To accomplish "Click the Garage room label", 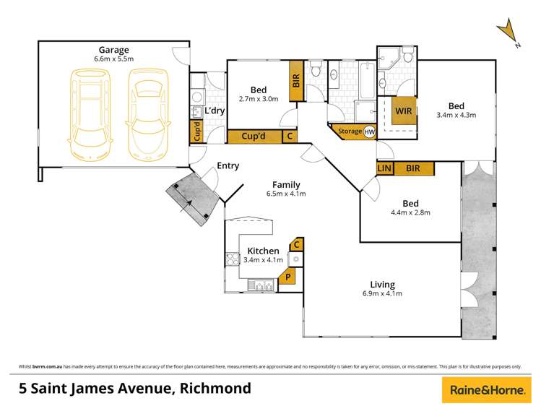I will (114, 51).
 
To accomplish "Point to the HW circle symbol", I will (369, 132).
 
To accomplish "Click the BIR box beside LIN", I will (414, 168).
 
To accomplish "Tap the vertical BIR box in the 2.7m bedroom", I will (296, 79).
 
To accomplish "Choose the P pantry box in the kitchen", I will (288, 276).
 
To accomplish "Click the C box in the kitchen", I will (296, 244).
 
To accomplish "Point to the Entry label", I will (228, 166).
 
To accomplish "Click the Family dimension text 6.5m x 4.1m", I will (287, 194).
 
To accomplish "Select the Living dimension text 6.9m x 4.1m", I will (382, 293).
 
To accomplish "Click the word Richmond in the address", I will (215, 389).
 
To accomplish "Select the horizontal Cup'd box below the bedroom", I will (254, 135).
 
